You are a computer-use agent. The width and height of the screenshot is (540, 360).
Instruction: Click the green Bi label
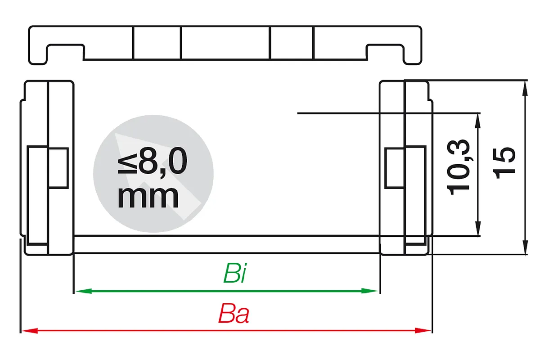(x=235, y=273)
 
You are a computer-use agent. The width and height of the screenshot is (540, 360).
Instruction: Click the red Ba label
(x=234, y=314)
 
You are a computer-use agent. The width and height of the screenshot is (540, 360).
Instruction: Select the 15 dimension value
(x=504, y=163)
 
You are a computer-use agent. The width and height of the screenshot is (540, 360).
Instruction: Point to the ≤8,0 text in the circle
(x=153, y=161)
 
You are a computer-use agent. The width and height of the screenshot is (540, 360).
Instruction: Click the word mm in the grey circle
(x=148, y=197)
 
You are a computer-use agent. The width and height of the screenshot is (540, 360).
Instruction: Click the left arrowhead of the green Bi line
(x=84, y=291)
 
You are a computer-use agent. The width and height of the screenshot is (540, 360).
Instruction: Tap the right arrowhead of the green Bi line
(x=369, y=291)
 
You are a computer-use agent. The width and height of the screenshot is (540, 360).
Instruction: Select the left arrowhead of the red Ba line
(x=30, y=331)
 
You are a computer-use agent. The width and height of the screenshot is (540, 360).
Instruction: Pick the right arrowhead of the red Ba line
(x=423, y=331)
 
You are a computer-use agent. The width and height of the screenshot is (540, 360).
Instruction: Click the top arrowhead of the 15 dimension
(x=526, y=89)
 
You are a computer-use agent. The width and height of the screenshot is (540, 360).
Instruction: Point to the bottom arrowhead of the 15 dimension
(x=526, y=247)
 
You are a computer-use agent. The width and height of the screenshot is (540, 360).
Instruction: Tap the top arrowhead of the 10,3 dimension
(x=477, y=121)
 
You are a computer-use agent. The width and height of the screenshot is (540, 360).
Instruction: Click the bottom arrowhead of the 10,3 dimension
(x=477, y=228)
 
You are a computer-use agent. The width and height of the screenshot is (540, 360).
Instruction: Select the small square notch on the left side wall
(x=58, y=168)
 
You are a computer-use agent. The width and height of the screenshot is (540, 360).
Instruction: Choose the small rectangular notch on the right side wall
(x=394, y=168)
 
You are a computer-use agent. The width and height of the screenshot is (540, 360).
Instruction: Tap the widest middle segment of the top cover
(x=225, y=43)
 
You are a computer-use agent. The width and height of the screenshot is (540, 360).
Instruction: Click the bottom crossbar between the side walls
(x=227, y=244)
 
